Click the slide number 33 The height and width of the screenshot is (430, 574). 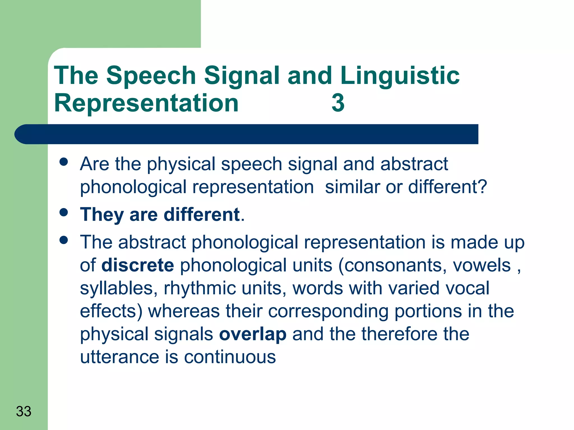point(24,411)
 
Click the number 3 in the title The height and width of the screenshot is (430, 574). point(338,103)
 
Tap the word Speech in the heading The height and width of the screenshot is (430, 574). point(151,76)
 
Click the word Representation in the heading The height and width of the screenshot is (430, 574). point(146,103)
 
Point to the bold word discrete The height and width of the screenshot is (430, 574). point(138,265)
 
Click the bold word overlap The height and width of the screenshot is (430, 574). point(253,334)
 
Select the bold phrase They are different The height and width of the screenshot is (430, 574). point(160,215)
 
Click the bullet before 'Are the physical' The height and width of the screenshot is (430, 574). point(64,162)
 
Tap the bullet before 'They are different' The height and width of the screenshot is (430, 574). point(64,212)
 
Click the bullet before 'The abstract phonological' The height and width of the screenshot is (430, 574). point(64,240)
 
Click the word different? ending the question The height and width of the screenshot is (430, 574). point(448,187)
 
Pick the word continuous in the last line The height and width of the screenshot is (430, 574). point(230,357)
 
